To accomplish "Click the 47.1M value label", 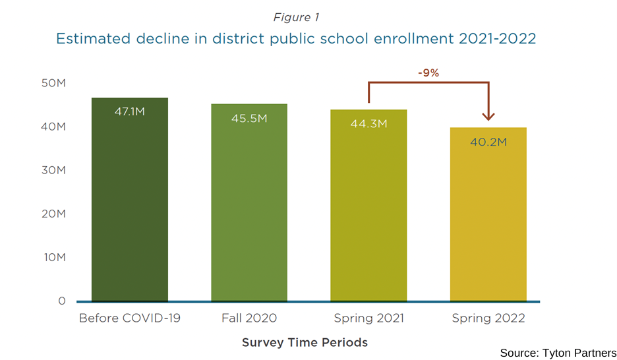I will click(x=129, y=111).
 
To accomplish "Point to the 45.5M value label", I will click(x=249, y=118).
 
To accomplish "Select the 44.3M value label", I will click(x=368, y=124).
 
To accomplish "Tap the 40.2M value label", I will click(x=488, y=142).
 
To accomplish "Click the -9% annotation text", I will click(x=428, y=73).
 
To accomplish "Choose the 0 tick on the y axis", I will click(x=62, y=301).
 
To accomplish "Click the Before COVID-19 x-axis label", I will click(x=129, y=318).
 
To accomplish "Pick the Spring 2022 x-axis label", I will click(x=488, y=318).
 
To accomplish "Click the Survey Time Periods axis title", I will click(x=305, y=342).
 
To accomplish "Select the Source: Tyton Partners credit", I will click(x=558, y=353).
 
